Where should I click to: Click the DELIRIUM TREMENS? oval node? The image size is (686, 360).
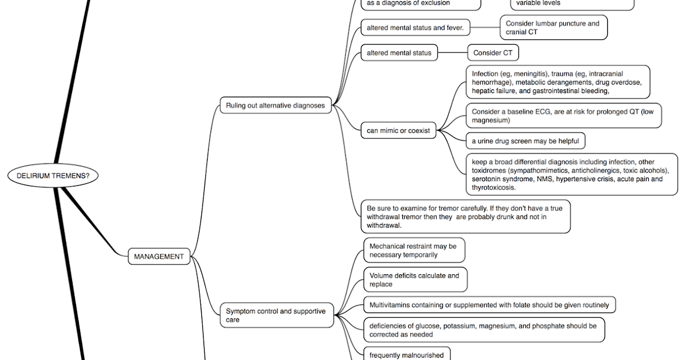(x=53, y=176)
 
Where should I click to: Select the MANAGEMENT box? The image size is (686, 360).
(x=159, y=257)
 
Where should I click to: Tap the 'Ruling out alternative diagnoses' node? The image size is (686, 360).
(x=275, y=105)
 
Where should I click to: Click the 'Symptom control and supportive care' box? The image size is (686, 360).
(x=277, y=315)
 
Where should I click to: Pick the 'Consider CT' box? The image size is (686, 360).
(x=493, y=53)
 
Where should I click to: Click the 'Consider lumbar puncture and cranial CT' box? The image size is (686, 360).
(x=553, y=27)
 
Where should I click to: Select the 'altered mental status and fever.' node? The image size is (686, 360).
(x=415, y=27)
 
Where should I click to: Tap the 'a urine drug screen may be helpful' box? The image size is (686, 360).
(x=525, y=141)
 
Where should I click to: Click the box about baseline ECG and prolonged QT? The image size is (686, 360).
(x=563, y=116)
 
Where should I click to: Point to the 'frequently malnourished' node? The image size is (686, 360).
(x=406, y=355)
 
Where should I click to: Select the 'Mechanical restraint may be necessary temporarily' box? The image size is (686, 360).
(x=414, y=250)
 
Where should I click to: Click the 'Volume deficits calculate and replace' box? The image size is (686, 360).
(x=415, y=279)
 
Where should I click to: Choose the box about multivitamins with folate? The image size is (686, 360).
(x=489, y=305)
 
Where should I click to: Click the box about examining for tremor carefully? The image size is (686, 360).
(x=465, y=217)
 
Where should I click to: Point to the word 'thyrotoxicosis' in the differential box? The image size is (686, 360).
(x=494, y=187)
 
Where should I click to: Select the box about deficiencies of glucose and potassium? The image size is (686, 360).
(x=484, y=330)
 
